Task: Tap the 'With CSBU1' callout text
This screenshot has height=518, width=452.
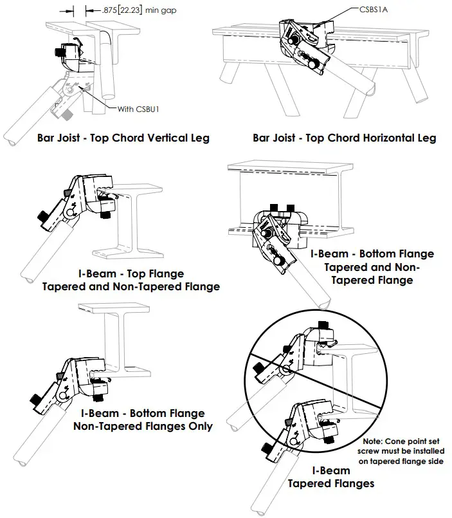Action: [x=138, y=109]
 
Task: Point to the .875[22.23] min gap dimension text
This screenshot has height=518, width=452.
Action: [x=131, y=10]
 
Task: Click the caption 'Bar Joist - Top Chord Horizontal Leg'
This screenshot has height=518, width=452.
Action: [x=344, y=137]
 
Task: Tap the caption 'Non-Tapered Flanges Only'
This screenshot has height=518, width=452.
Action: [x=143, y=426]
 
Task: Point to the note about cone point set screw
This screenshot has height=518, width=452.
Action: [x=402, y=451]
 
